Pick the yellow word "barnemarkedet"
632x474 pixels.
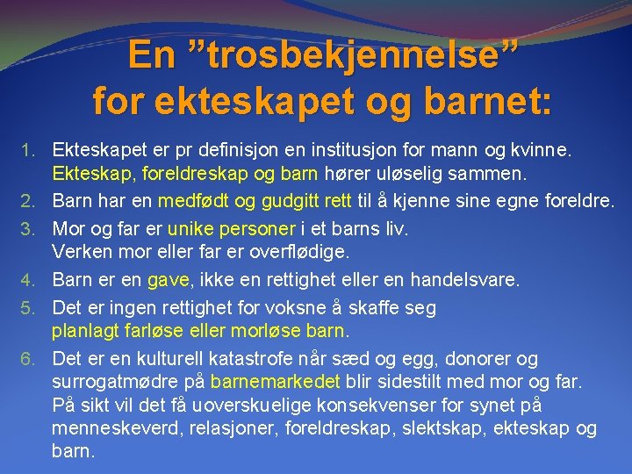[x=276, y=383]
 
